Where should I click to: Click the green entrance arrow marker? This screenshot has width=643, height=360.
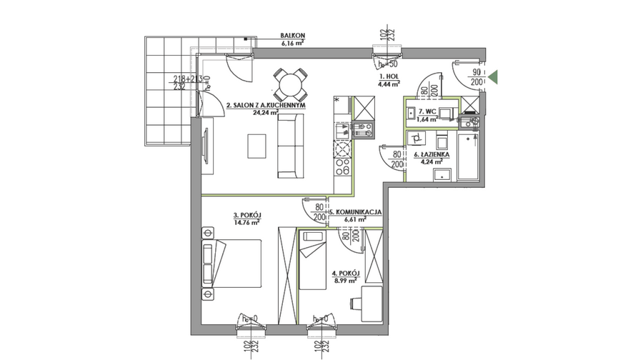[x=493, y=77]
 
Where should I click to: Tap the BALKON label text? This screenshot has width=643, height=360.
[x=292, y=36]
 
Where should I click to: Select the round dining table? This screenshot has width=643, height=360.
[x=290, y=84]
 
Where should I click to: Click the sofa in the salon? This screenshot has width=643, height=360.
[x=291, y=146]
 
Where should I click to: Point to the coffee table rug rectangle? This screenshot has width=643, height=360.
[x=256, y=146]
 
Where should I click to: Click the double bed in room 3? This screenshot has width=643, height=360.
[x=231, y=264]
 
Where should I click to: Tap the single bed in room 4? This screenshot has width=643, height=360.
[x=312, y=259]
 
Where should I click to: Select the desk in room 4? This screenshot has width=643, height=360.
[x=372, y=304]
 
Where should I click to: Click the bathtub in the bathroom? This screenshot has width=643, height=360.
[x=468, y=156]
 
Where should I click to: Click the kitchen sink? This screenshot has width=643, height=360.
[x=342, y=131]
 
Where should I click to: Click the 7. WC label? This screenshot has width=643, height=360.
[x=427, y=111]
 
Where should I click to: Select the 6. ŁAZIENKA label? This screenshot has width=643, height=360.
[x=432, y=154]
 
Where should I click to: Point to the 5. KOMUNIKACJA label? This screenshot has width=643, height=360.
[x=356, y=212]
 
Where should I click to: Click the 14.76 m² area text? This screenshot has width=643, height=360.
[x=246, y=223]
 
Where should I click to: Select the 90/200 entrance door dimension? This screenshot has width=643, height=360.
[x=477, y=77]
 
